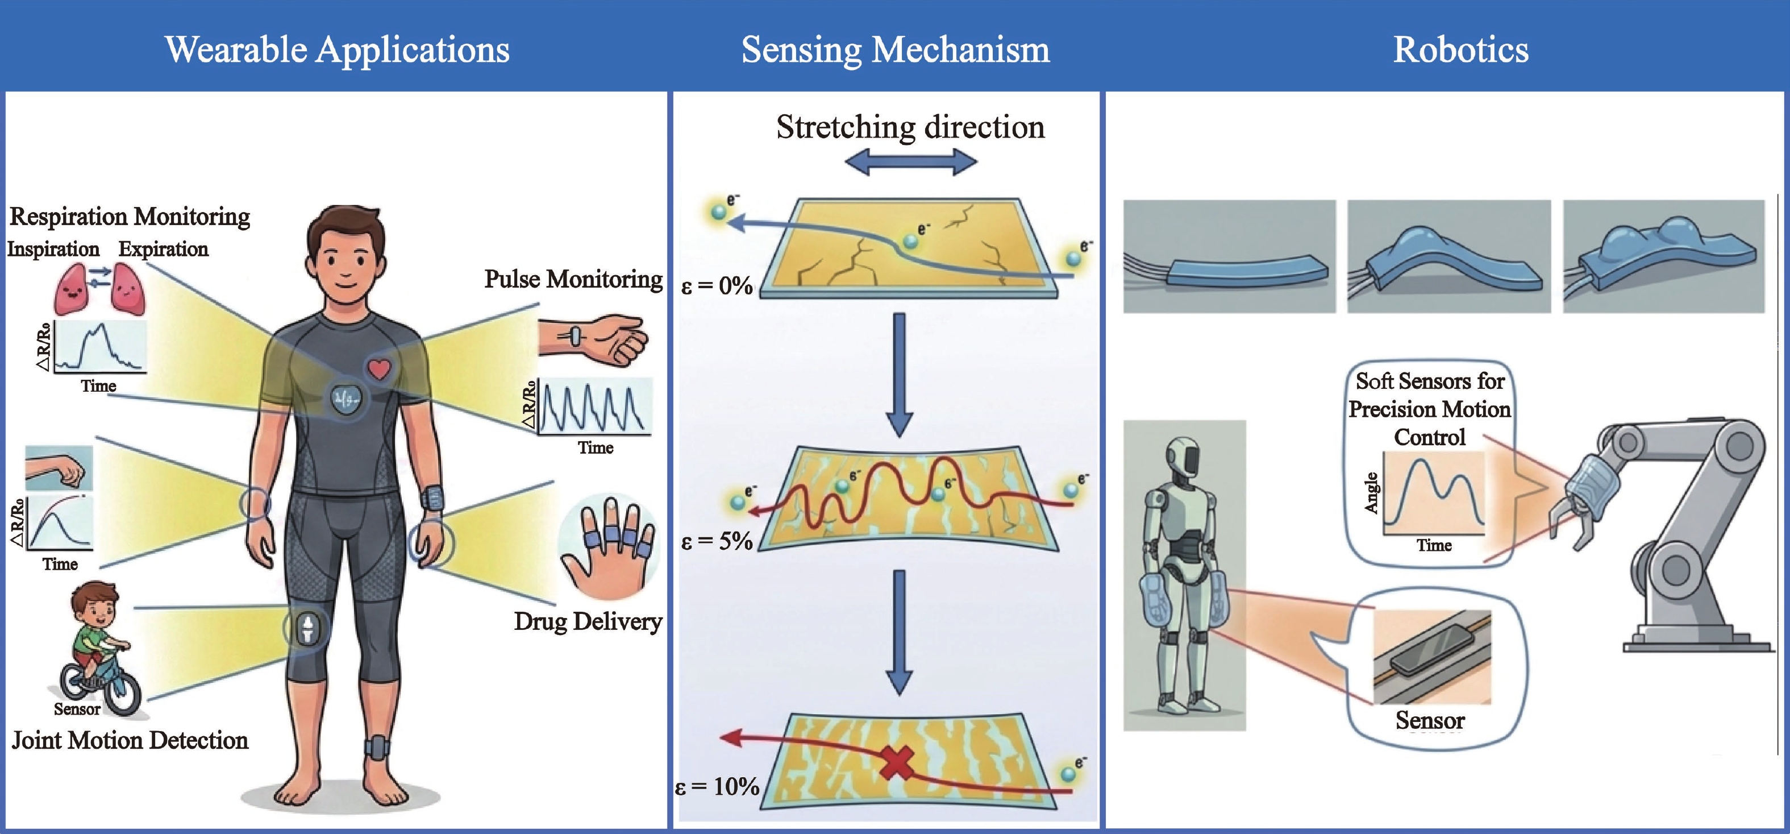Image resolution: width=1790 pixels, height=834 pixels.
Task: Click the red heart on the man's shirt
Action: tap(380, 368)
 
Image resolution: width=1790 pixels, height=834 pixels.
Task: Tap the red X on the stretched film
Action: tap(898, 762)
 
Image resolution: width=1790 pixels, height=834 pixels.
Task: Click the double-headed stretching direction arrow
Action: tap(910, 163)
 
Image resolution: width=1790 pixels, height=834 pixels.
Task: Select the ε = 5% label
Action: tap(717, 541)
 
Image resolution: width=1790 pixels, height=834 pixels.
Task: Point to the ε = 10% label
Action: tap(717, 786)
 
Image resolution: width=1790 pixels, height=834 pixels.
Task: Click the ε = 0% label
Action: tap(717, 285)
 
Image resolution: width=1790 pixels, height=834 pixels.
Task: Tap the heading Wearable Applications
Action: tap(338, 50)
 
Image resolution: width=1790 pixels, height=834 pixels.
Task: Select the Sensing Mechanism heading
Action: tap(896, 50)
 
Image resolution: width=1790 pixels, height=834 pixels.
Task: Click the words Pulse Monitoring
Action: tap(573, 279)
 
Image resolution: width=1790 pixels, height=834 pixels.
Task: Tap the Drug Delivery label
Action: tap(588, 621)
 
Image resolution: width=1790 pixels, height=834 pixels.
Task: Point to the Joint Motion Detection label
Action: tap(130, 740)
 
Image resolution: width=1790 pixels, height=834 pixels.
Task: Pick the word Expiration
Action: tap(163, 249)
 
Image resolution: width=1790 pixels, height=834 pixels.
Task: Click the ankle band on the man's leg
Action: tap(377, 748)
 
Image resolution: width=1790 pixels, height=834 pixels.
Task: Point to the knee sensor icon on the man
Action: tap(306, 628)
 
